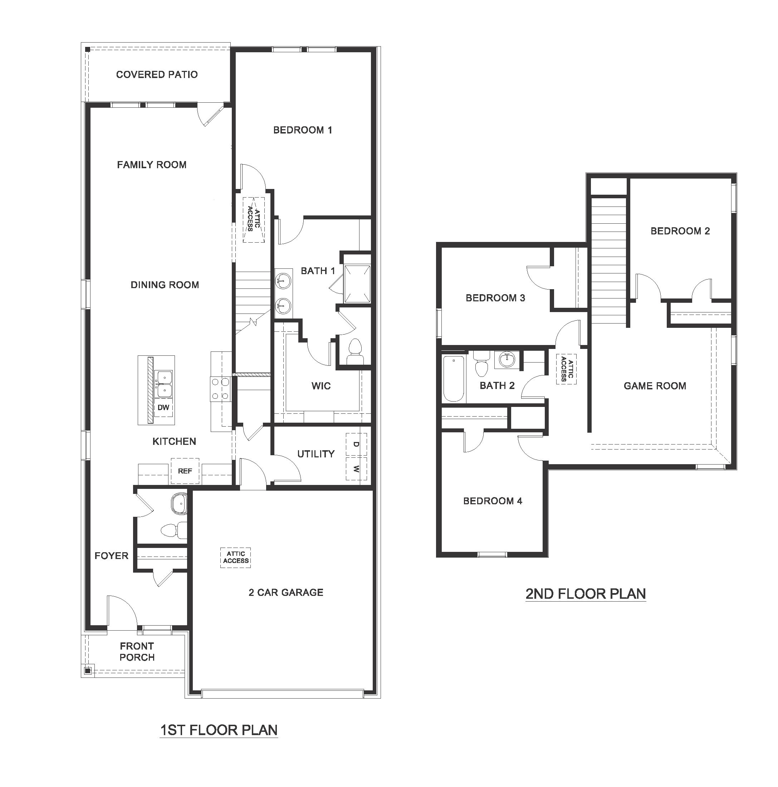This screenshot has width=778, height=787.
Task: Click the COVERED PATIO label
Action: pyautogui.click(x=157, y=74)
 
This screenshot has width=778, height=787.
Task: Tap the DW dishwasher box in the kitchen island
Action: pyautogui.click(x=163, y=407)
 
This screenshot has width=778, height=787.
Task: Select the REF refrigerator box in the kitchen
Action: pyautogui.click(x=185, y=471)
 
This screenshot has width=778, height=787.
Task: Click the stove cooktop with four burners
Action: pyautogui.click(x=220, y=389)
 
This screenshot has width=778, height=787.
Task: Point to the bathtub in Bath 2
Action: pyautogui.click(x=453, y=379)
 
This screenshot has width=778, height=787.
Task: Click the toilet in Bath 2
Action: pyautogui.click(x=481, y=364)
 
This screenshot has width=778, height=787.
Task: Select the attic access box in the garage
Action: pyautogui.click(x=236, y=557)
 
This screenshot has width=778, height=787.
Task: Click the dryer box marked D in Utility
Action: pyautogui.click(x=356, y=444)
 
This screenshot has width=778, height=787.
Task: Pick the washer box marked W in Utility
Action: pyautogui.click(x=356, y=468)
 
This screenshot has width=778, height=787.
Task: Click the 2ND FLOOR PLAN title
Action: pyautogui.click(x=586, y=594)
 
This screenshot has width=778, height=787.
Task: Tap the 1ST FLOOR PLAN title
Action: pyautogui.click(x=219, y=730)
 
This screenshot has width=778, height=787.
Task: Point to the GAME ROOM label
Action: pyautogui.click(x=655, y=386)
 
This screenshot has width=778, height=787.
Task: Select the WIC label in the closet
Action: pyautogui.click(x=321, y=386)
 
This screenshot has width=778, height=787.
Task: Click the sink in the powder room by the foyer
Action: pyautogui.click(x=179, y=504)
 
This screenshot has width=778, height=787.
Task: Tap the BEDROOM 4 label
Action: pyautogui.click(x=492, y=501)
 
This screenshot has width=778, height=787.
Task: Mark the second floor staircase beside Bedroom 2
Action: pyautogui.click(x=608, y=261)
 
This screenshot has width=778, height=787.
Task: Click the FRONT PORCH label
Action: pyautogui.click(x=137, y=652)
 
